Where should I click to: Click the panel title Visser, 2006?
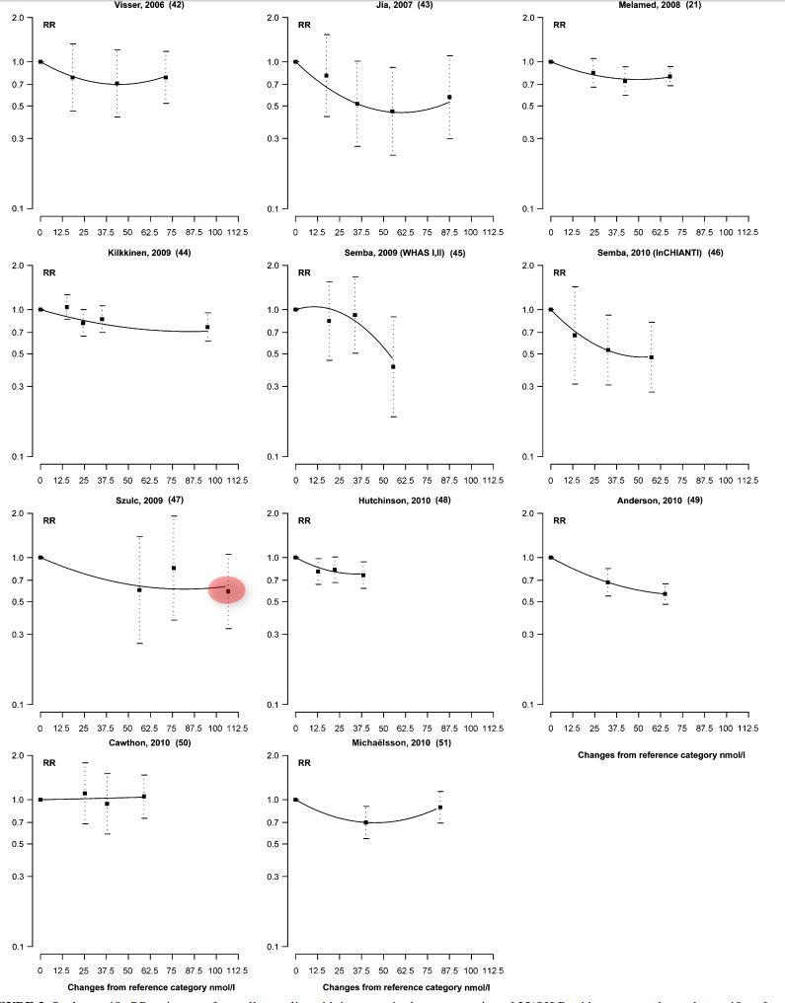tap(139, 5)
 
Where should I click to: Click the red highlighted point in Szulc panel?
tap(227, 590)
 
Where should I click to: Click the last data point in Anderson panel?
tap(666, 593)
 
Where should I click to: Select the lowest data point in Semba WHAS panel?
tap(393, 366)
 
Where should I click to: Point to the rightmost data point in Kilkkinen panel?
tap(207, 327)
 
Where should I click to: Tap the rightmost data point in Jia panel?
tap(449, 97)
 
